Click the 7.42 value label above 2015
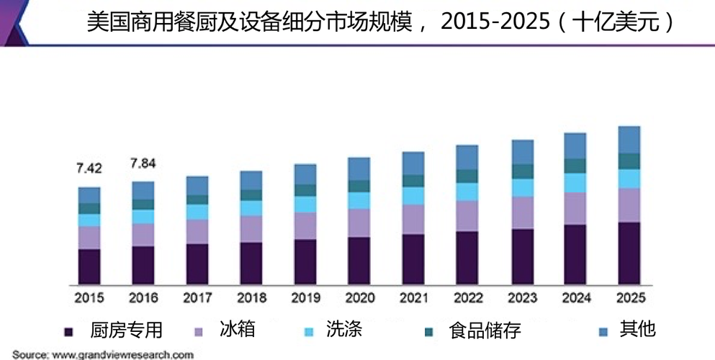point(89,168)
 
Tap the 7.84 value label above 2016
point(143,163)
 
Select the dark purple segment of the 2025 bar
point(629,252)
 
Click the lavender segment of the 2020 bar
point(359,222)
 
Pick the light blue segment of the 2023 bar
point(522,187)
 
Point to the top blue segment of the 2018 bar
point(251,180)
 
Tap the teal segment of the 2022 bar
point(467,176)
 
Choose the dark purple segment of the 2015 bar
point(89,266)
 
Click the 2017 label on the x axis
point(197,297)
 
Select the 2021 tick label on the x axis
point(413,297)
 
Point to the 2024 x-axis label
point(575,297)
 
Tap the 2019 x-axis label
point(305,297)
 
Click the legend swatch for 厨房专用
point(69,331)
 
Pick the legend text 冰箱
point(238,330)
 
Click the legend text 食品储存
point(484,330)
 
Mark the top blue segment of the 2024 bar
point(575,145)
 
